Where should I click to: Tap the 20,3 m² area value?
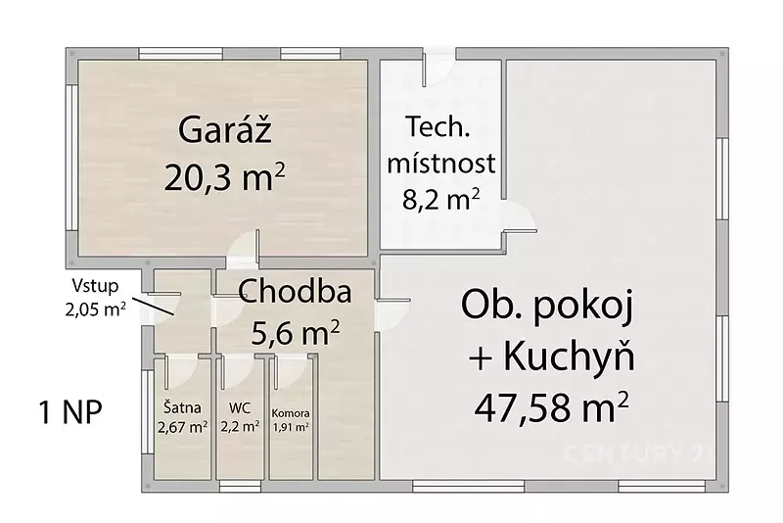pyautogui.click(x=224, y=177)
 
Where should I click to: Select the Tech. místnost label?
pyautogui.click(x=441, y=145)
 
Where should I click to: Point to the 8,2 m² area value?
pyautogui.click(x=441, y=200)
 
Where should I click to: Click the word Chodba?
pyautogui.click(x=295, y=291)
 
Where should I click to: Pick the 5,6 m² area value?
pyautogui.click(x=296, y=333)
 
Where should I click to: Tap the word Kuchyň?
pyautogui.click(x=569, y=357)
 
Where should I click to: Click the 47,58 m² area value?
pyautogui.click(x=551, y=407)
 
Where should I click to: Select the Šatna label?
pyautogui.click(x=182, y=407)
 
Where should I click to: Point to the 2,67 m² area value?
pyautogui.click(x=182, y=427)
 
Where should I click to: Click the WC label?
pyautogui.click(x=239, y=408)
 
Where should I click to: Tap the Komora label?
pyautogui.click(x=291, y=413)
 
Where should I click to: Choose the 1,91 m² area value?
pyautogui.click(x=291, y=428)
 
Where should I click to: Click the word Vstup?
pyautogui.click(x=95, y=286)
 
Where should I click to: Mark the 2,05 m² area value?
pyautogui.click(x=95, y=309)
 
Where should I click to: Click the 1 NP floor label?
pyautogui.click(x=70, y=411)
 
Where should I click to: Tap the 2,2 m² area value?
pyautogui.click(x=240, y=427)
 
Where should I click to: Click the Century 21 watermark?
pyautogui.click(x=638, y=453)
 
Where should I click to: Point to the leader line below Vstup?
pyautogui.click(x=154, y=307)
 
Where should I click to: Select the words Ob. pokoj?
pyautogui.click(x=547, y=306)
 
